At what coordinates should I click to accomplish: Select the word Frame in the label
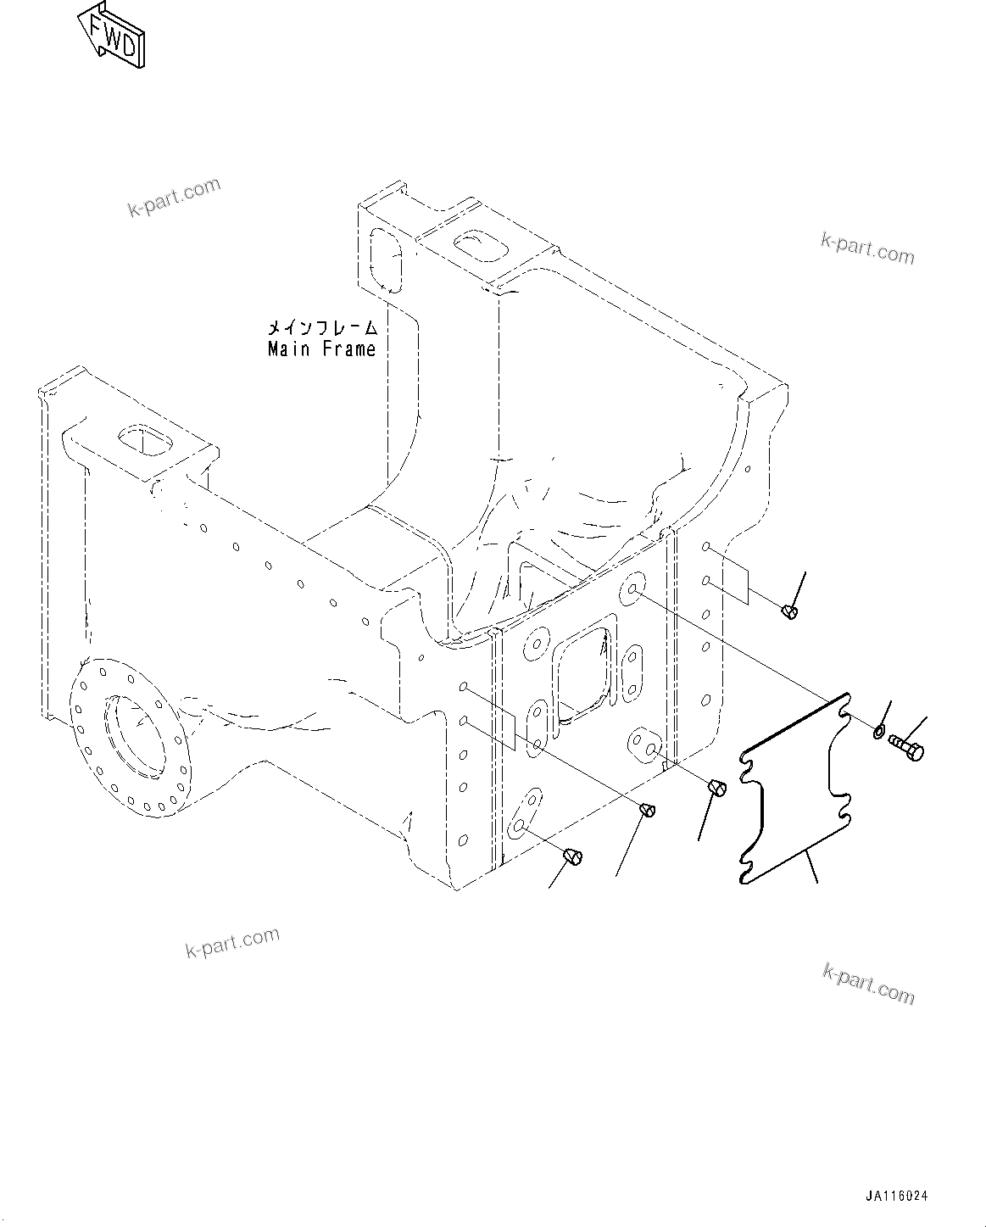click(348, 349)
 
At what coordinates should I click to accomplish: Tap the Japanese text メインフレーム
click(321, 327)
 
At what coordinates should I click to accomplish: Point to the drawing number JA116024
click(896, 1196)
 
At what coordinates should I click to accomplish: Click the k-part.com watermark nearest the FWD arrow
click(174, 198)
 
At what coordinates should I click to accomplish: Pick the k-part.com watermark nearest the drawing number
click(868, 984)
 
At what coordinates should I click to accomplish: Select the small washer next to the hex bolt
click(879, 730)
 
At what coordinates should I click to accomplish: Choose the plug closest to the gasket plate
click(716, 789)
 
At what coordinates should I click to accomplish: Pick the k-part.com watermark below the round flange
click(232, 942)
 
